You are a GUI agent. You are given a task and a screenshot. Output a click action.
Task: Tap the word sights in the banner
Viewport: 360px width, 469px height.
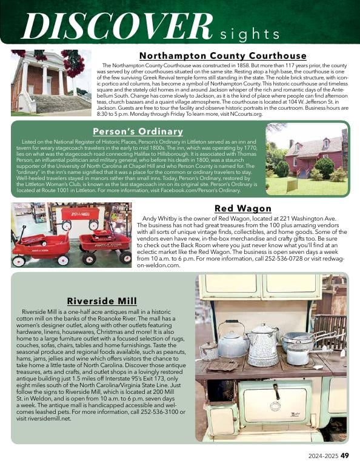pyautogui.click(x=248, y=33)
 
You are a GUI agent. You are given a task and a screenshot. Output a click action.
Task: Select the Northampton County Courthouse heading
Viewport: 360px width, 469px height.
pyautogui.click(x=223, y=56)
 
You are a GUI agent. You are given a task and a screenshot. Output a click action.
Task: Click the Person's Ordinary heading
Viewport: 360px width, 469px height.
pyautogui.click(x=138, y=131)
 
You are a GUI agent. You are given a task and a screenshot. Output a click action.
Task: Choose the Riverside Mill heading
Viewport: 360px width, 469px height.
pyautogui.click(x=101, y=301)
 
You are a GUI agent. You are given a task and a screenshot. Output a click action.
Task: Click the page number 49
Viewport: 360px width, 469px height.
pyautogui.click(x=344, y=456)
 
